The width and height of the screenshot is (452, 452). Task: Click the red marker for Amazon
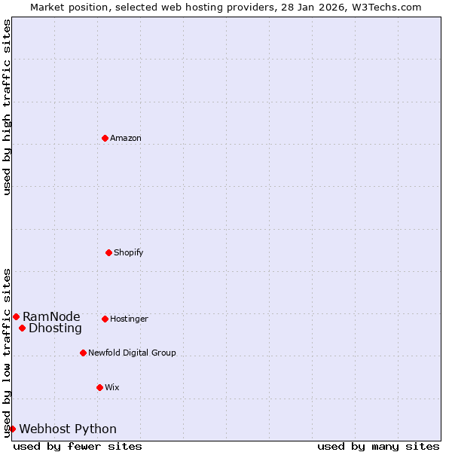coord(105,138)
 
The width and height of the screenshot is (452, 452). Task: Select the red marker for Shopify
coord(108,252)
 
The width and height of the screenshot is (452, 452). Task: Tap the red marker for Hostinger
coord(105,319)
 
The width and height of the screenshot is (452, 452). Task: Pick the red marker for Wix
coord(99,387)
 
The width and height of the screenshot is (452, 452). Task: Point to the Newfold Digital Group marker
coord(83,353)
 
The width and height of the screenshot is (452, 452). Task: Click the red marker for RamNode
coord(16,316)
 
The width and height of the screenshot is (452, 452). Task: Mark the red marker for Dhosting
coord(22,328)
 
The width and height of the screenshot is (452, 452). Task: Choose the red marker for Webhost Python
coord(12,429)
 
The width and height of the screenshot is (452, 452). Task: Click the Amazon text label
coord(126,138)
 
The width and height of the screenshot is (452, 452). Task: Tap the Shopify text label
coord(129,252)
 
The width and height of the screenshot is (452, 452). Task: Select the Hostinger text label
coord(129,319)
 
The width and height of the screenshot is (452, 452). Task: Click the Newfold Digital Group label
coord(132,353)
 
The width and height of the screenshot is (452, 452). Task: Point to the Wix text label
coord(112,387)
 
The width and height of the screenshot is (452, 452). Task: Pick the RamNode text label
coord(51,316)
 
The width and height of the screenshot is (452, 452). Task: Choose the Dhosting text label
coord(55,328)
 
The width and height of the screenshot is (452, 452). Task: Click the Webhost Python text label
coord(68,429)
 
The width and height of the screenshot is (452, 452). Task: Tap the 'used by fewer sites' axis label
coord(78,446)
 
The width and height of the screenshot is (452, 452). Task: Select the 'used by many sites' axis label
coord(378,446)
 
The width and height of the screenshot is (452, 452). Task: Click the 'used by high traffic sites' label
coord(7,107)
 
